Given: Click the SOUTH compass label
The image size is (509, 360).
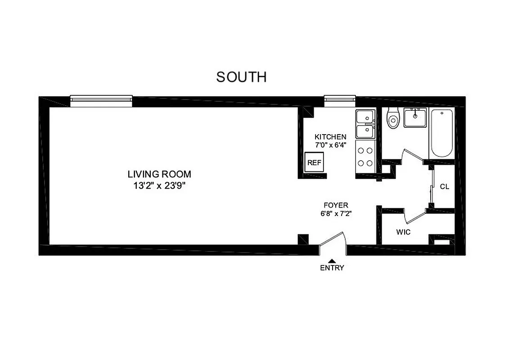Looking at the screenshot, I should pos(241,77).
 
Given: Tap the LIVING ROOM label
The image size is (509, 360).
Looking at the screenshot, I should pos(159,174).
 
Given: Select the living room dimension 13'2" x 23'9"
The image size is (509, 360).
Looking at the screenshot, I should pos(159,185).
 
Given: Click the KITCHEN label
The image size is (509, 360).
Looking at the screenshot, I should pos(330,137).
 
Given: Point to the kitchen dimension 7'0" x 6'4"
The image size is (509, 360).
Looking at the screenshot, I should pos(330,145).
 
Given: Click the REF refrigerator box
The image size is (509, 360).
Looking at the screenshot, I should pos(314,162).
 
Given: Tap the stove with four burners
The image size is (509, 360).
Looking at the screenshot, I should pos(365,157).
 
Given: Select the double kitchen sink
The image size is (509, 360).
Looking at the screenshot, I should pos(365,124).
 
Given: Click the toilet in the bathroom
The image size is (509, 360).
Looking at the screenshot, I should pos(393,118).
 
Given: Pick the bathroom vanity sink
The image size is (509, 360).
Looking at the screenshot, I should pos(414,118).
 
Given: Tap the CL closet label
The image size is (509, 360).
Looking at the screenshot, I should pos(444,186).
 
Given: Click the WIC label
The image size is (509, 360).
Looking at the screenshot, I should pos(403,232).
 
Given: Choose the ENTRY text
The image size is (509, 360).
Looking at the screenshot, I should pos(332,268).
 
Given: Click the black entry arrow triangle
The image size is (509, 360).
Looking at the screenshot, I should pos(332,261).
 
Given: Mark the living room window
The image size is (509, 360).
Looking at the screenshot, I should pos(101,101).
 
